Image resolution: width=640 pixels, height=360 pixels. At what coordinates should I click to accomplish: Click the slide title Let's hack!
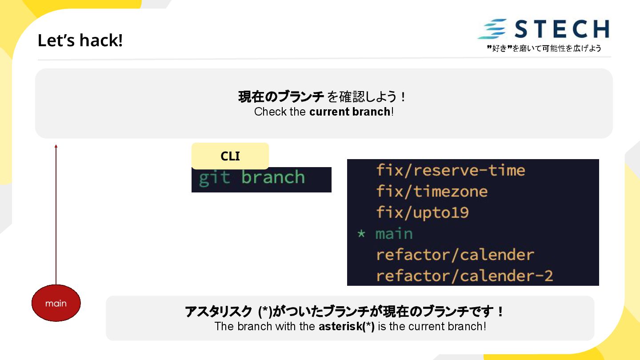(80, 40)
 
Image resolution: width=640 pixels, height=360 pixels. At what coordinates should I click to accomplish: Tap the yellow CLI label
(230, 156)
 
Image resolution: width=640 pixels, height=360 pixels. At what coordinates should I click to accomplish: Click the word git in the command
(214, 178)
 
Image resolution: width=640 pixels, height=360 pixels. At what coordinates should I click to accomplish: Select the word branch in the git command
(273, 178)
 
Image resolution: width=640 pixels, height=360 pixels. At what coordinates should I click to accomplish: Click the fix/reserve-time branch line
(450, 170)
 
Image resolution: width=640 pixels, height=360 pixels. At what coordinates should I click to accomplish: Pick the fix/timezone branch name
(432, 192)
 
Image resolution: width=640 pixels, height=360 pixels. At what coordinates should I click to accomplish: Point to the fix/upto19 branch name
(422, 212)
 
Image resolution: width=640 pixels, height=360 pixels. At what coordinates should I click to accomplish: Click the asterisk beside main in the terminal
(361, 234)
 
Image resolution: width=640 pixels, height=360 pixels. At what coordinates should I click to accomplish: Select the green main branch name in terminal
(394, 234)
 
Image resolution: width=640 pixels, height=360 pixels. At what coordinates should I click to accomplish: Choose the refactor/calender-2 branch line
(464, 276)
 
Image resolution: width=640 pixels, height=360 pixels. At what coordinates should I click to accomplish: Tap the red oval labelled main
(56, 303)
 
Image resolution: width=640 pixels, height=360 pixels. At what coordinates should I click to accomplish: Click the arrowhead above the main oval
(56, 146)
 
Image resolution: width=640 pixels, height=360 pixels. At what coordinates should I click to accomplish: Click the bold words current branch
(349, 112)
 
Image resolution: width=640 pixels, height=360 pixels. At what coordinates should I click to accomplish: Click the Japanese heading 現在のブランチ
(281, 96)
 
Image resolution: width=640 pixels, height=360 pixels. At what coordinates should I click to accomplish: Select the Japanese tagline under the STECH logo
(544, 48)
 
